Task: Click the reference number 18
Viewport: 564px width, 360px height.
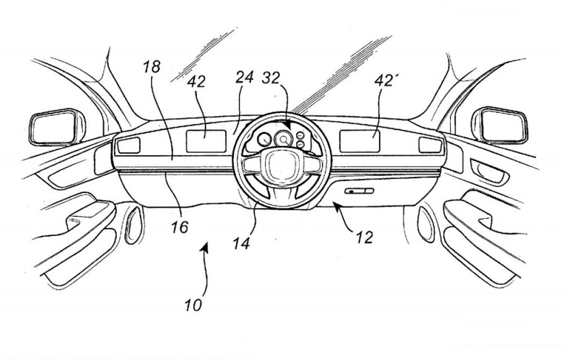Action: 152,67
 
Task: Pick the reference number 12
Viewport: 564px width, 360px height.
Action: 364,238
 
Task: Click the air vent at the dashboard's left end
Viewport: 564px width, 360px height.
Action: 129,146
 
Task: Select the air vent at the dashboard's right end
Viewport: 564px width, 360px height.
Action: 430,145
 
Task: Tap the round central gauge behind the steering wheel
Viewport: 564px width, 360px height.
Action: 281,138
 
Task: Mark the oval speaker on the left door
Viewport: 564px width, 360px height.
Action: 134,225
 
